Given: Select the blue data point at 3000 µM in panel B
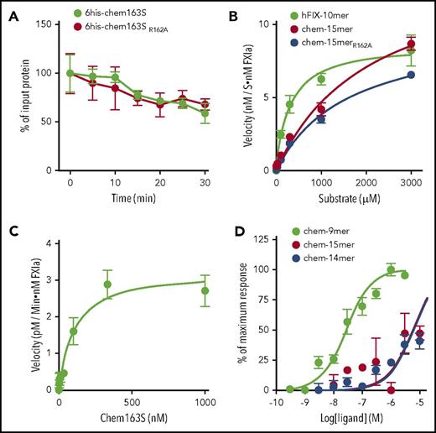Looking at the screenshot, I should point(411,75).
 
